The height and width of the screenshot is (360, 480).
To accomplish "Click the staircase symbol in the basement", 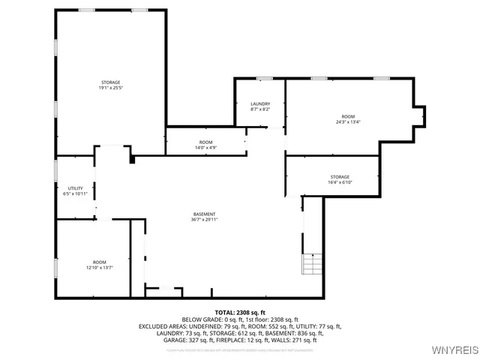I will [x=312, y=264].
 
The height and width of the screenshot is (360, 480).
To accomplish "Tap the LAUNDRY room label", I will [x=259, y=103].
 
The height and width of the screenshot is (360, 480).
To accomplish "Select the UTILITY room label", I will [x=75, y=188].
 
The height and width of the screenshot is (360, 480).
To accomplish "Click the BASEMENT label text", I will [x=205, y=214].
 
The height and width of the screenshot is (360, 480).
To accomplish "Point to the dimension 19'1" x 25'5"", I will [x=110, y=88].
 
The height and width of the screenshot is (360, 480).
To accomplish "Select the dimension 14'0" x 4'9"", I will [x=205, y=148].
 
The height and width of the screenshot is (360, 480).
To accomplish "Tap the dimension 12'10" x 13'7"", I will [x=99, y=267].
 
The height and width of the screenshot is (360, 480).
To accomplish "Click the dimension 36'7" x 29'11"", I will [x=205, y=220].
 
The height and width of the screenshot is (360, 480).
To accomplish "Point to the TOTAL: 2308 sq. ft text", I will [x=240, y=312].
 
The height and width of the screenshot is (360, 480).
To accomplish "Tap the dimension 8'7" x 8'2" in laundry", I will [x=259, y=109].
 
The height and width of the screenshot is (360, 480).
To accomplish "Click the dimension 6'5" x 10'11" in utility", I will [x=75, y=194].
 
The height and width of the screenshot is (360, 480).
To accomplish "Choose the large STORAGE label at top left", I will [x=110, y=82].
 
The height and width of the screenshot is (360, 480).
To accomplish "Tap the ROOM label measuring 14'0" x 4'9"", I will [x=205, y=142].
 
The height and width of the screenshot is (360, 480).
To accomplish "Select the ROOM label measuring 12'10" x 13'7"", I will [x=99, y=261].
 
